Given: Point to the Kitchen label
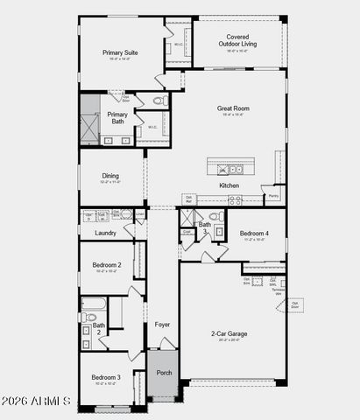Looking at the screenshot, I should (229, 185).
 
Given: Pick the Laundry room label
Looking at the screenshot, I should (105, 233).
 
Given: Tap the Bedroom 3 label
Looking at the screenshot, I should (106, 377).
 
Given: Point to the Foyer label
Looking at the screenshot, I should (162, 325).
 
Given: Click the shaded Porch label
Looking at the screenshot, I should (164, 372).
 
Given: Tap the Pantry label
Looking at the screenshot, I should (273, 196).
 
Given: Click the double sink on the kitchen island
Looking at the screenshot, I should (230, 170).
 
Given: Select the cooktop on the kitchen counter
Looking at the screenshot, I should (235, 200).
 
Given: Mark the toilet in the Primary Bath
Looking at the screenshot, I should (160, 101).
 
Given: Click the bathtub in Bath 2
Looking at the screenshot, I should (94, 305).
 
